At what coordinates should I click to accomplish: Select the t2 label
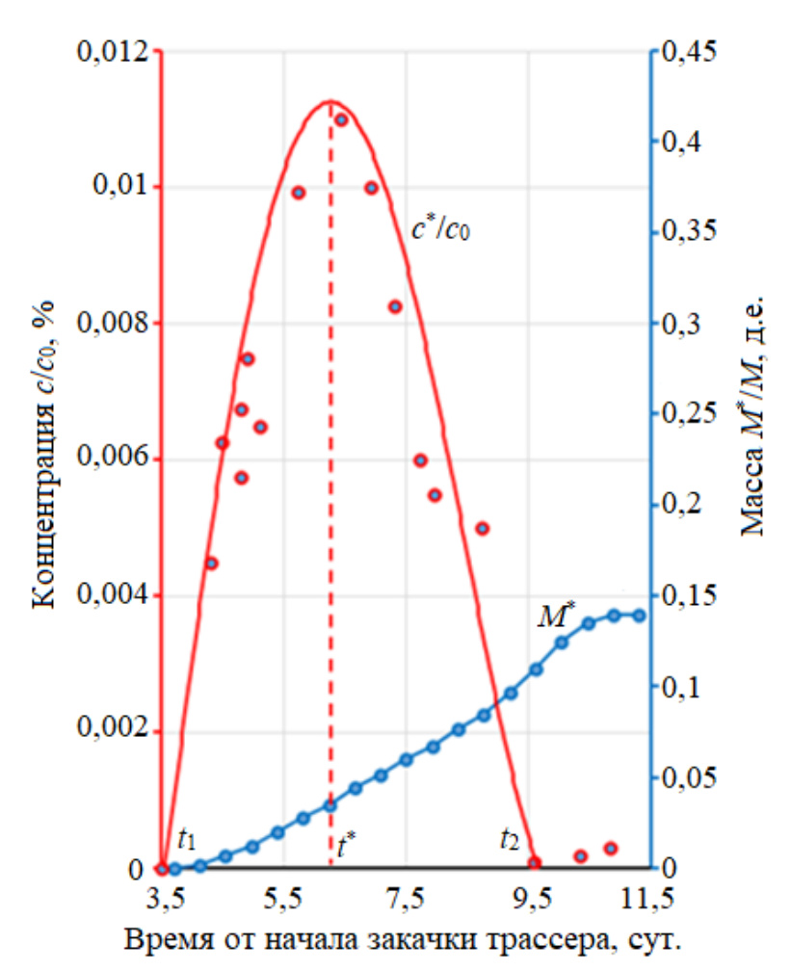click(509, 839)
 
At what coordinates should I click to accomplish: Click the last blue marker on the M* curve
click(638, 616)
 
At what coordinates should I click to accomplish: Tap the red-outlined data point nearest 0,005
click(483, 528)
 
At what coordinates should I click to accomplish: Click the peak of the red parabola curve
click(330, 100)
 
